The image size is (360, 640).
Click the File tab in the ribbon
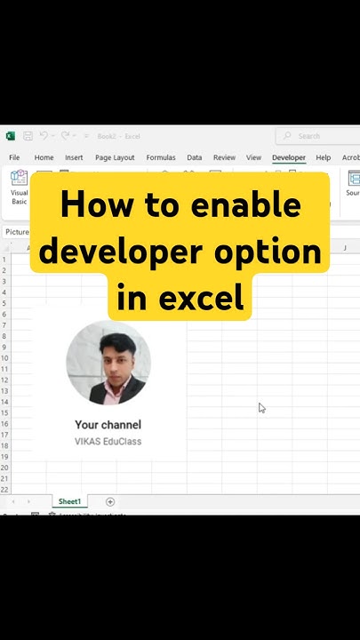tap(14, 157)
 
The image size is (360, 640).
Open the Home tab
tap(44, 157)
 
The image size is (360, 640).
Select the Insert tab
tap(74, 157)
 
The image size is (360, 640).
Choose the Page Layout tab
tap(115, 157)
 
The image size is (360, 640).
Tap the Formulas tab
tap(161, 157)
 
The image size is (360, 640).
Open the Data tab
tap(194, 157)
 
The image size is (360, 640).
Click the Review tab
tap(224, 157)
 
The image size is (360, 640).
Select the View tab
tap(253, 157)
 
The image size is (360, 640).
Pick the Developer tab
tap(289, 157)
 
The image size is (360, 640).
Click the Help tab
tap(324, 157)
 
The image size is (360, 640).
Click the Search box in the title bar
tap(316, 136)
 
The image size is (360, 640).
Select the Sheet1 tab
tap(69, 501)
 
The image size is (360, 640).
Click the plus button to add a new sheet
tap(110, 501)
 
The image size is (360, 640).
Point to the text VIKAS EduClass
tap(108, 441)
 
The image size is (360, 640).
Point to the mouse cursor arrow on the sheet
tap(261, 407)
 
